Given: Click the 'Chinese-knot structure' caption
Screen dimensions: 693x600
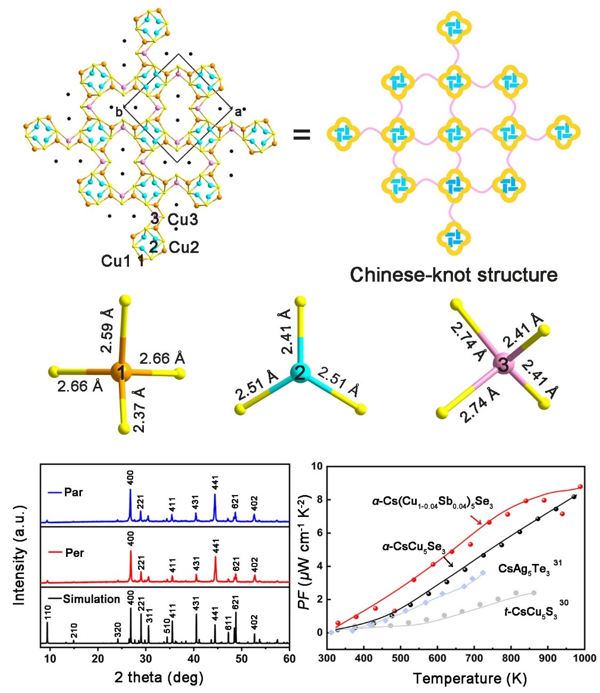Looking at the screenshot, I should (453, 275).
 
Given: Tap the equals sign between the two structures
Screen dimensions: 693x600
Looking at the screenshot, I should (302, 134).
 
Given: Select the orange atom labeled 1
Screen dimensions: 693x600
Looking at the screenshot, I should (122, 372).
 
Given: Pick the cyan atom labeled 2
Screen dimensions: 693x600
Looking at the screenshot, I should (300, 372).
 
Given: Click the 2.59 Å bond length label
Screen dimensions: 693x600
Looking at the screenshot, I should (107, 338).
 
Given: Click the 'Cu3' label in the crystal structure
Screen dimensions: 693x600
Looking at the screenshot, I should (183, 219).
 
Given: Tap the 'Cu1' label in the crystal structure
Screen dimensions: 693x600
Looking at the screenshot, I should (116, 261).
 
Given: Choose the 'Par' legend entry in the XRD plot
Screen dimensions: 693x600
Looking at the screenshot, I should (74, 492).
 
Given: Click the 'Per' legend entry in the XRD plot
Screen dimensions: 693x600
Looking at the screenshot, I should (74, 553).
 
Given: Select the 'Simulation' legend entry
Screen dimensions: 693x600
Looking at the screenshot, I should (91, 599).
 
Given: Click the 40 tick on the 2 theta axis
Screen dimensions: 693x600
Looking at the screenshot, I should (193, 659).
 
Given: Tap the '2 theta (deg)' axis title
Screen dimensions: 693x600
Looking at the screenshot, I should (159, 678).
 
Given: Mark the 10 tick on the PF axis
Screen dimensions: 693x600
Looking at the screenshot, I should (318, 466).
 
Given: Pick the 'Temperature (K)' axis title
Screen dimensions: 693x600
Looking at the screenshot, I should (470, 678).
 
